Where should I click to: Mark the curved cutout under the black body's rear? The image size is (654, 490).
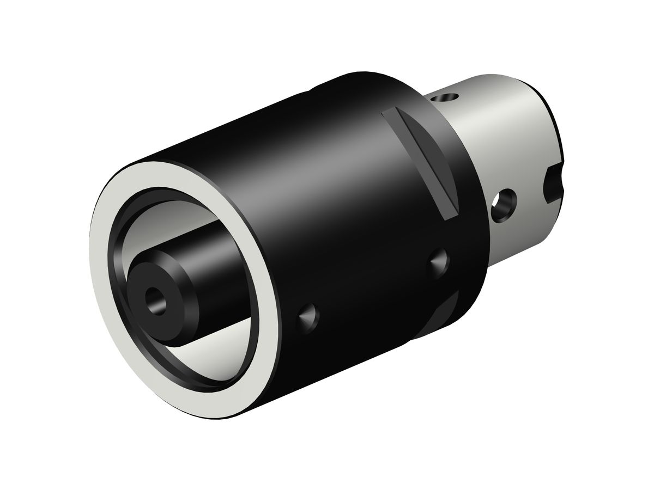[x=441, y=321]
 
